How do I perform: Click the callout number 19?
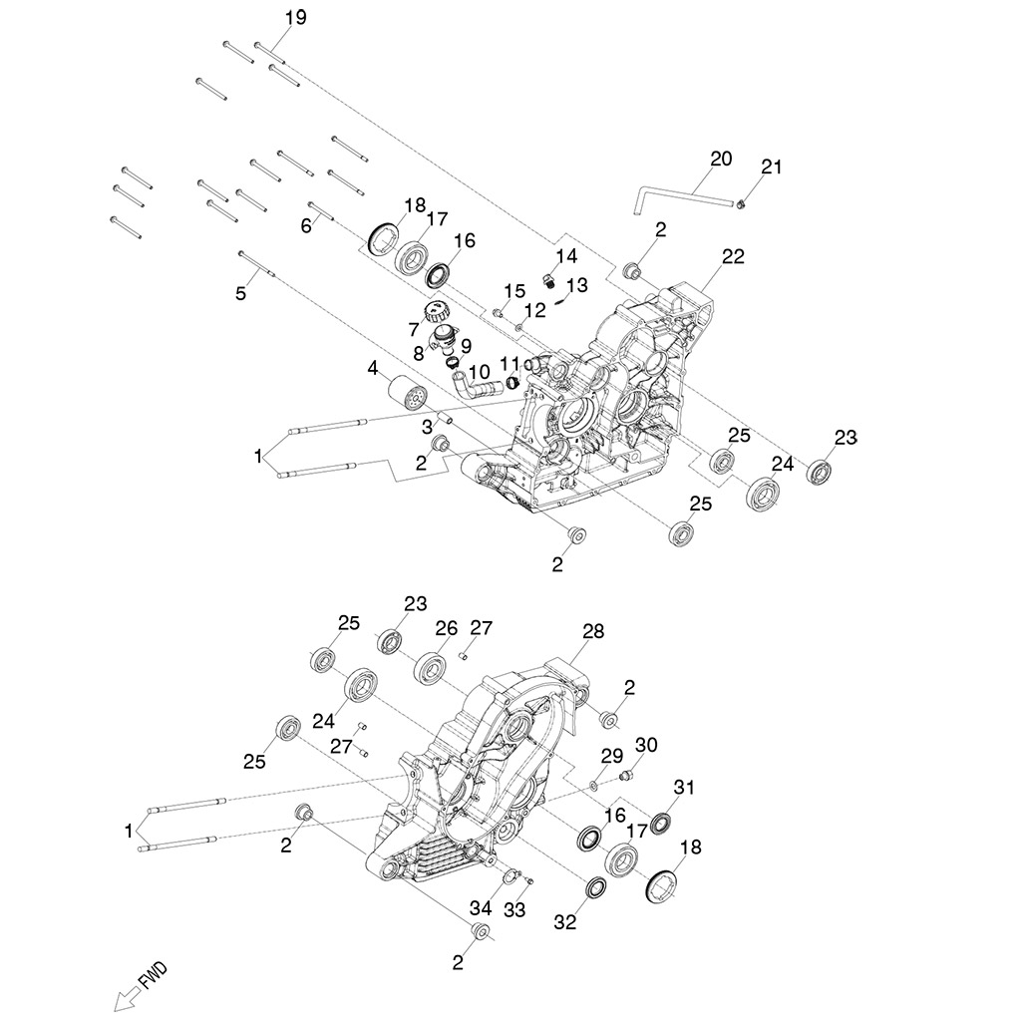point(295,18)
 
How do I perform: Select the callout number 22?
point(733,257)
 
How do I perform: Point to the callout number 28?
point(593,632)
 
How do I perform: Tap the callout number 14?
point(566,256)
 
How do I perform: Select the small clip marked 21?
point(743,204)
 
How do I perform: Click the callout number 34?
point(481,908)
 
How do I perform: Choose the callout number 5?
point(239,293)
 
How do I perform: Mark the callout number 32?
point(565,923)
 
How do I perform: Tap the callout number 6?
point(306,226)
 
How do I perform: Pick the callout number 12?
point(535,310)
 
